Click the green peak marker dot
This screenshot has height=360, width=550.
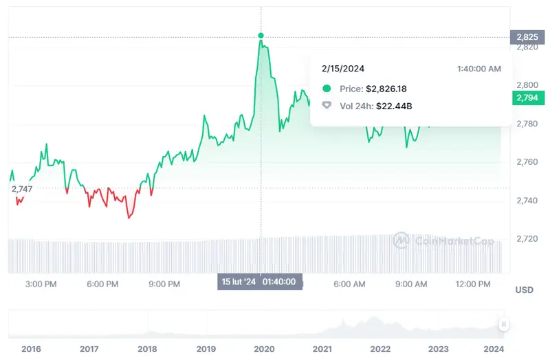261,35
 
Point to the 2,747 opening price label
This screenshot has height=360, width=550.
22,188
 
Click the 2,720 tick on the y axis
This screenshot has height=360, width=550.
527,239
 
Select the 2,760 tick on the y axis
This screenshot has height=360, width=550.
527,162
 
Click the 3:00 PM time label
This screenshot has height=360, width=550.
40,284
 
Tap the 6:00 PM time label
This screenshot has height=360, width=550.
103,284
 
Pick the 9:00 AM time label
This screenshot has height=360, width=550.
412,284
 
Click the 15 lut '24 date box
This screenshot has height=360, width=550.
237,282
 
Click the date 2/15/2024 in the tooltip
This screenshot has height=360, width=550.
343,69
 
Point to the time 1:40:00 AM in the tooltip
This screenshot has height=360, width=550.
478,69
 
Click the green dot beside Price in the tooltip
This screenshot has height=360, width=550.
327,89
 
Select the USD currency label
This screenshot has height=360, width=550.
524,290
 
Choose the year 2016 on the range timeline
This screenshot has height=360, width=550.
31,349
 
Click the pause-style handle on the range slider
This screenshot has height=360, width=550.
504,324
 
